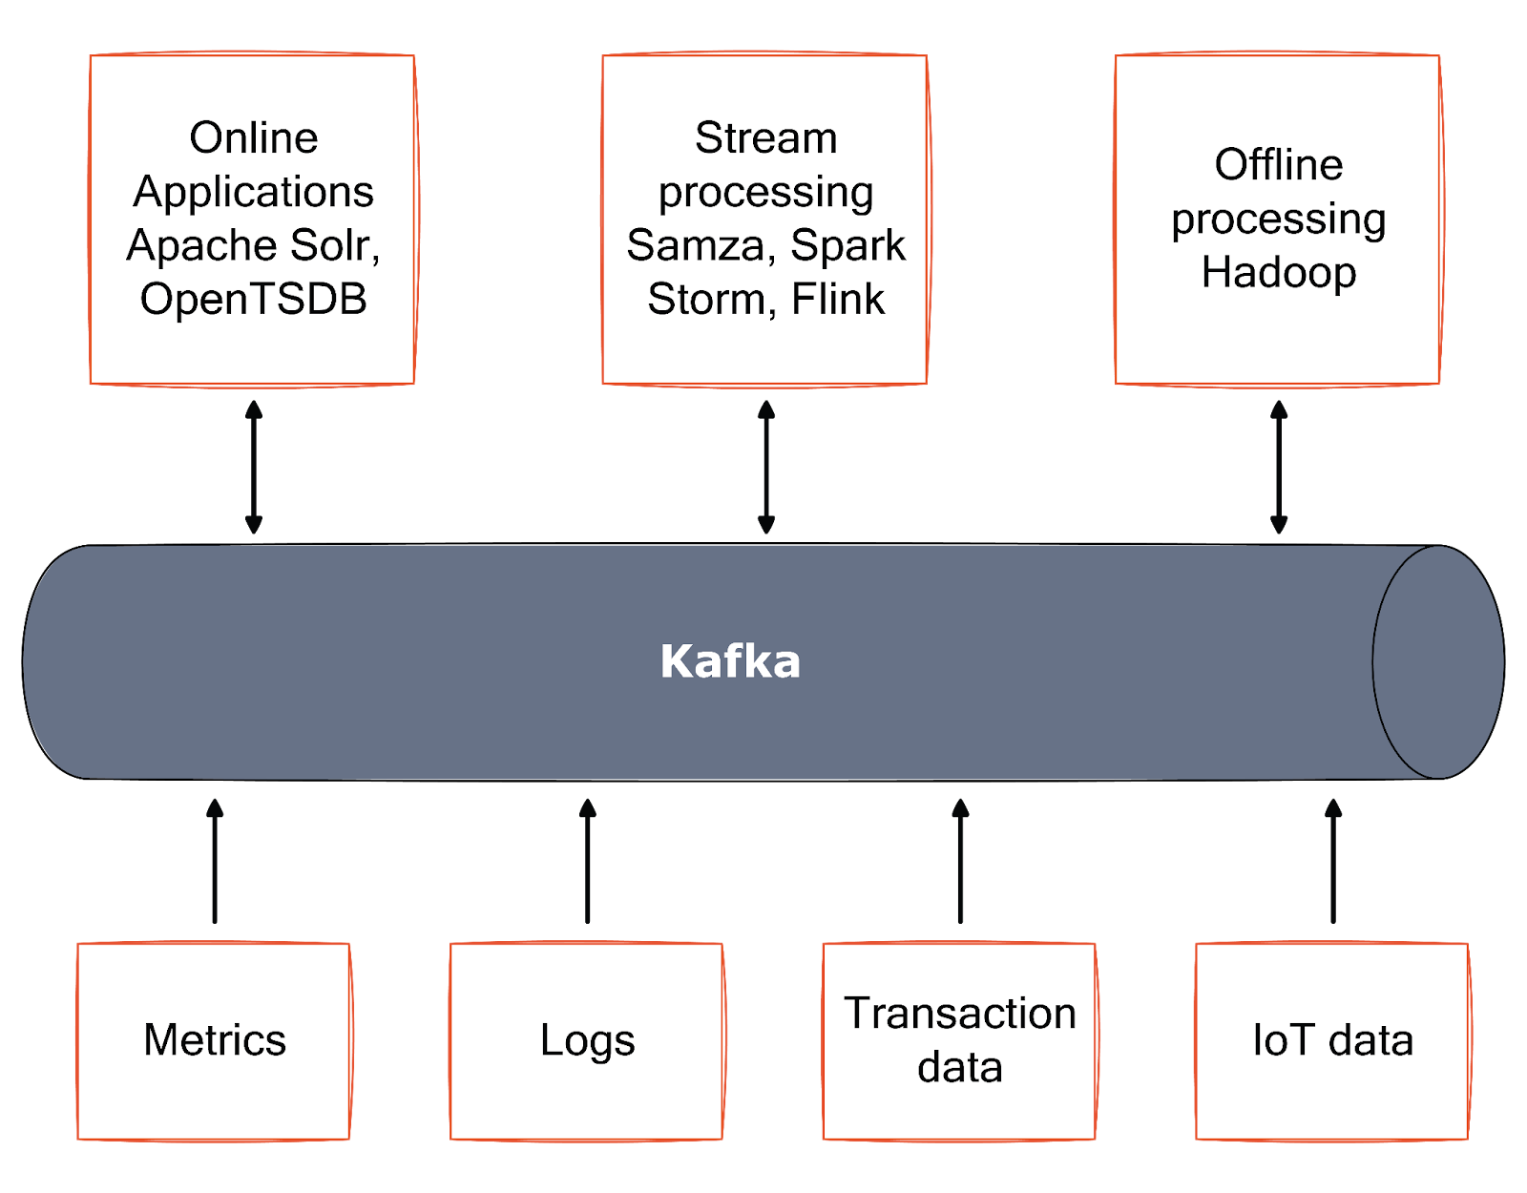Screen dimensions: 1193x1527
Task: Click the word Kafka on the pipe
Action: pyautogui.click(x=730, y=661)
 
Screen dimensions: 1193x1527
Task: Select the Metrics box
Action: pyautogui.click(x=214, y=1040)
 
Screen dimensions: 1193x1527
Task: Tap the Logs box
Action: pyautogui.click(x=587, y=1040)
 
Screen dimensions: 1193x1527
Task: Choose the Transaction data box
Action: pyautogui.click(x=959, y=1040)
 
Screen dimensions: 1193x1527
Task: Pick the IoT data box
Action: pyautogui.click(x=1332, y=1040)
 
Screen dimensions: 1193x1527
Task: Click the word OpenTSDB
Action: pyautogui.click(x=253, y=299)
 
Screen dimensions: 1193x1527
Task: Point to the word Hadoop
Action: pyautogui.click(x=1278, y=272)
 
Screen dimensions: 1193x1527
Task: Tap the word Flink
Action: pyautogui.click(x=838, y=299)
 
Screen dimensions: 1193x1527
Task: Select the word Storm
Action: pyautogui.click(x=704, y=299)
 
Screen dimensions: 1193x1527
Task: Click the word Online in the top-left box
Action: pyautogui.click(x=253, y=138)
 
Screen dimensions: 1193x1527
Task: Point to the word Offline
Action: pyautogui.click(x=1278, y=165)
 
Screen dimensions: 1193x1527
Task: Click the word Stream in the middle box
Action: pyautogui.click(x=765, y=138)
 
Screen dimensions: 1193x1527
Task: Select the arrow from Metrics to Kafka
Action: pyautogui.click(x=215, y=859)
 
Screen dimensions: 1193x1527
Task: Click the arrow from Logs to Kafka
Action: pyautogui.click(x=587, y=859)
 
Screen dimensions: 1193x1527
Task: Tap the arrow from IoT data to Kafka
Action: pyautogui.click(x=1332, y=859)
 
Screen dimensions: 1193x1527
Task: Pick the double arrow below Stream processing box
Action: pyautogui.click(x=765, y=467)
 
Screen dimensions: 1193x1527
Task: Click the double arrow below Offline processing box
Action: pyautogui.click(x=1278, y=467)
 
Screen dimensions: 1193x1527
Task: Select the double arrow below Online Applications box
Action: pyautogui.click(x=253, y=467)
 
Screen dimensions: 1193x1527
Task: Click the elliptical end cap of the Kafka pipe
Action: pyautogui.click(x=1437, y=661)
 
